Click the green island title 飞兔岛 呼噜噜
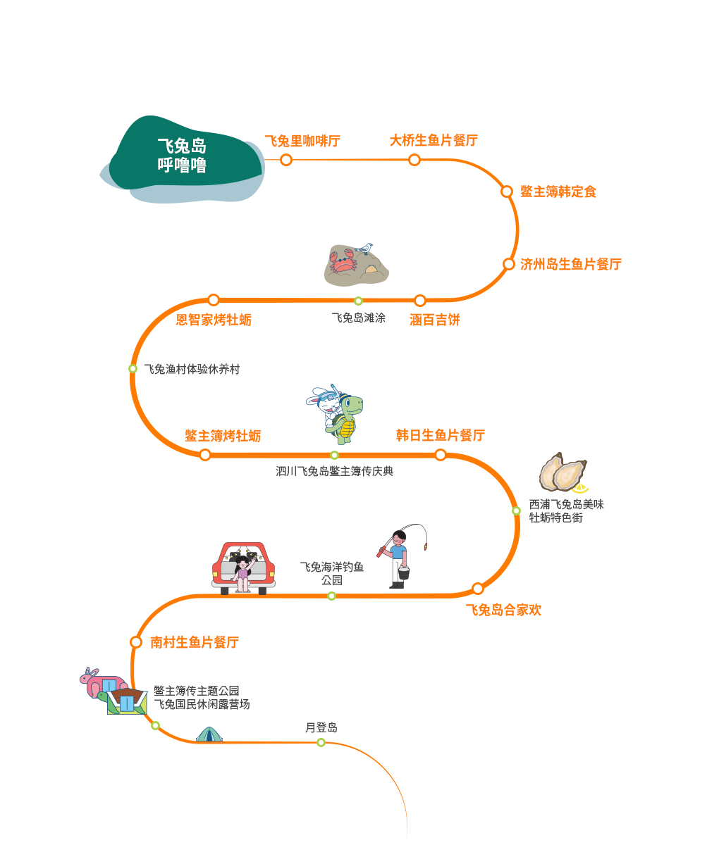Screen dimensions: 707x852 tap(182, 156)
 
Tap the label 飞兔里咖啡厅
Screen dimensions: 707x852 tap(302, 142)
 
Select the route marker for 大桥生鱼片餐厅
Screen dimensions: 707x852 tap(414, 160)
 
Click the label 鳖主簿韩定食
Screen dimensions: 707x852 tap(558, 192)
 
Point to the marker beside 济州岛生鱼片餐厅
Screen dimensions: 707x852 tap(508, 264)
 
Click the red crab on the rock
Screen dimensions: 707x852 tap(343, 261)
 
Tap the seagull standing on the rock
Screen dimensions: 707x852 tap(364, 249)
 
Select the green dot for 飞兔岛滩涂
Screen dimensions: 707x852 tap(358, 301)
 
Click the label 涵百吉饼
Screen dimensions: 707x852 tap(435, 320)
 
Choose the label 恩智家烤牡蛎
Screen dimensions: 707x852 tap(214, 320)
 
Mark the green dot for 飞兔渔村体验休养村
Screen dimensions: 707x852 tap(133, 369)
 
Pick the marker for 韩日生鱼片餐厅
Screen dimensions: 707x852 tap(441, 455)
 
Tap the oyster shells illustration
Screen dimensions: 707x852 tap(562, 472)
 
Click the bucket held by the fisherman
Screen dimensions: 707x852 tap(403, 572)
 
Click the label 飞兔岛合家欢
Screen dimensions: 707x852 tap(503, 610)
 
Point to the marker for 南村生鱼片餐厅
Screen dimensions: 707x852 tap(136, 642)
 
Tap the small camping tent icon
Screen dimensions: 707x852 tap(209, 734)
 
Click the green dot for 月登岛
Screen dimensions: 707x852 tap(321, 742)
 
